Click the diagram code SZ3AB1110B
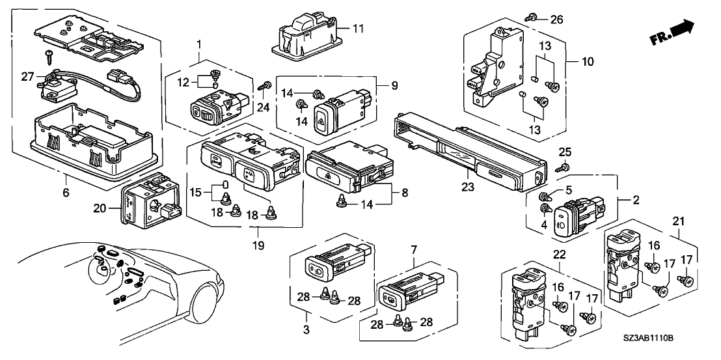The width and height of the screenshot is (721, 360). click(670, 349)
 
